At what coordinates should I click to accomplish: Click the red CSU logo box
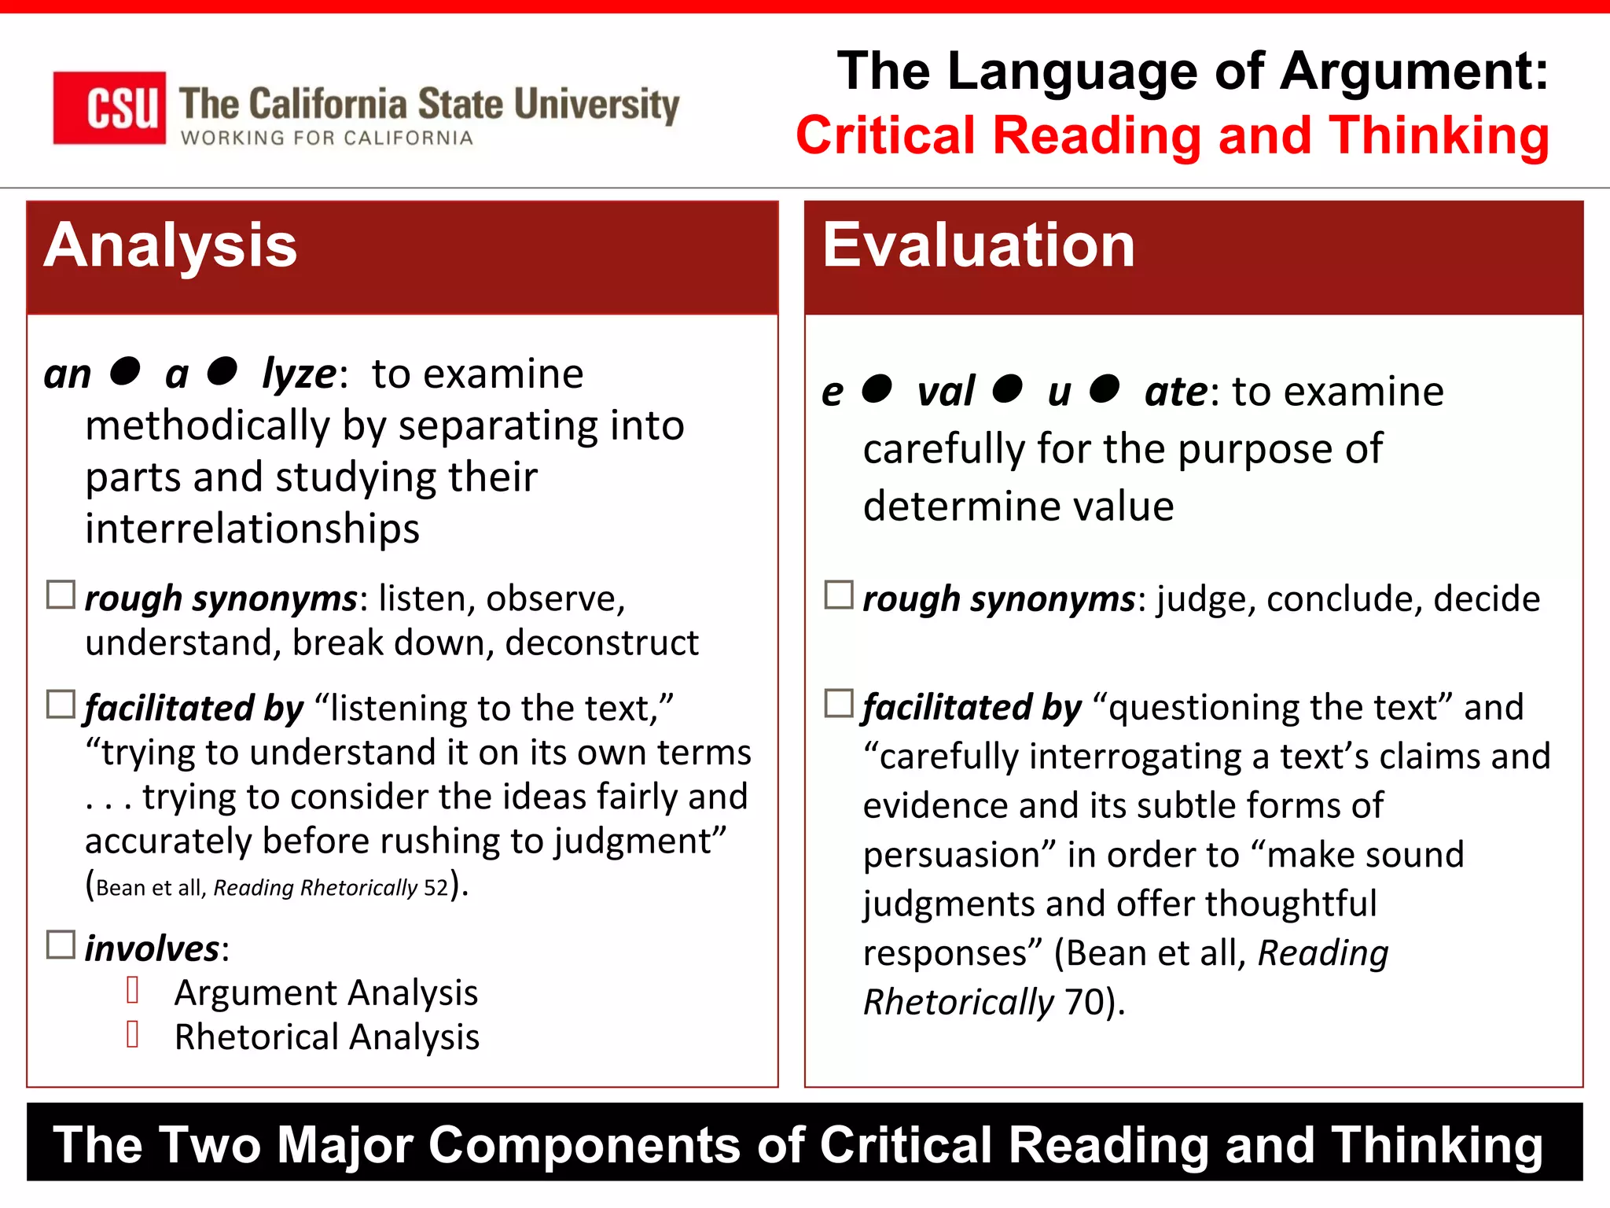coord(109,108)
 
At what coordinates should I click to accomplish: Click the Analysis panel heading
coord(171,245)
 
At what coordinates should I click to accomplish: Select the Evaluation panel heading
coord(979,245)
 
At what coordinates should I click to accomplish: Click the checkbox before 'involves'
coord(61,945)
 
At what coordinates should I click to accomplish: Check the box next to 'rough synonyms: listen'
coord(61,595)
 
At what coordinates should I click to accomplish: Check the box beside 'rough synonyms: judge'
coord(839,595)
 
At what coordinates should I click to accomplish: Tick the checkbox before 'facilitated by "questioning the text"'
coord(839,703)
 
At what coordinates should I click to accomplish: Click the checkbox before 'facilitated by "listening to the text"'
coord(61,704)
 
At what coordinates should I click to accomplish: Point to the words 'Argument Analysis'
coord(326,993)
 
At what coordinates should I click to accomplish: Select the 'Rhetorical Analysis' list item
coord(326,1037)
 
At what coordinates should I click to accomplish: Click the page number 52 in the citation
coord(436,888)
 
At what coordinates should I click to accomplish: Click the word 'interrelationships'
coord(252,528)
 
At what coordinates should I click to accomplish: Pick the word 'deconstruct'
coord(601,643)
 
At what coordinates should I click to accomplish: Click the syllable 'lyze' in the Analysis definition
coord(299,374)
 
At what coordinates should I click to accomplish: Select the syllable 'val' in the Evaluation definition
coord(946,392)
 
